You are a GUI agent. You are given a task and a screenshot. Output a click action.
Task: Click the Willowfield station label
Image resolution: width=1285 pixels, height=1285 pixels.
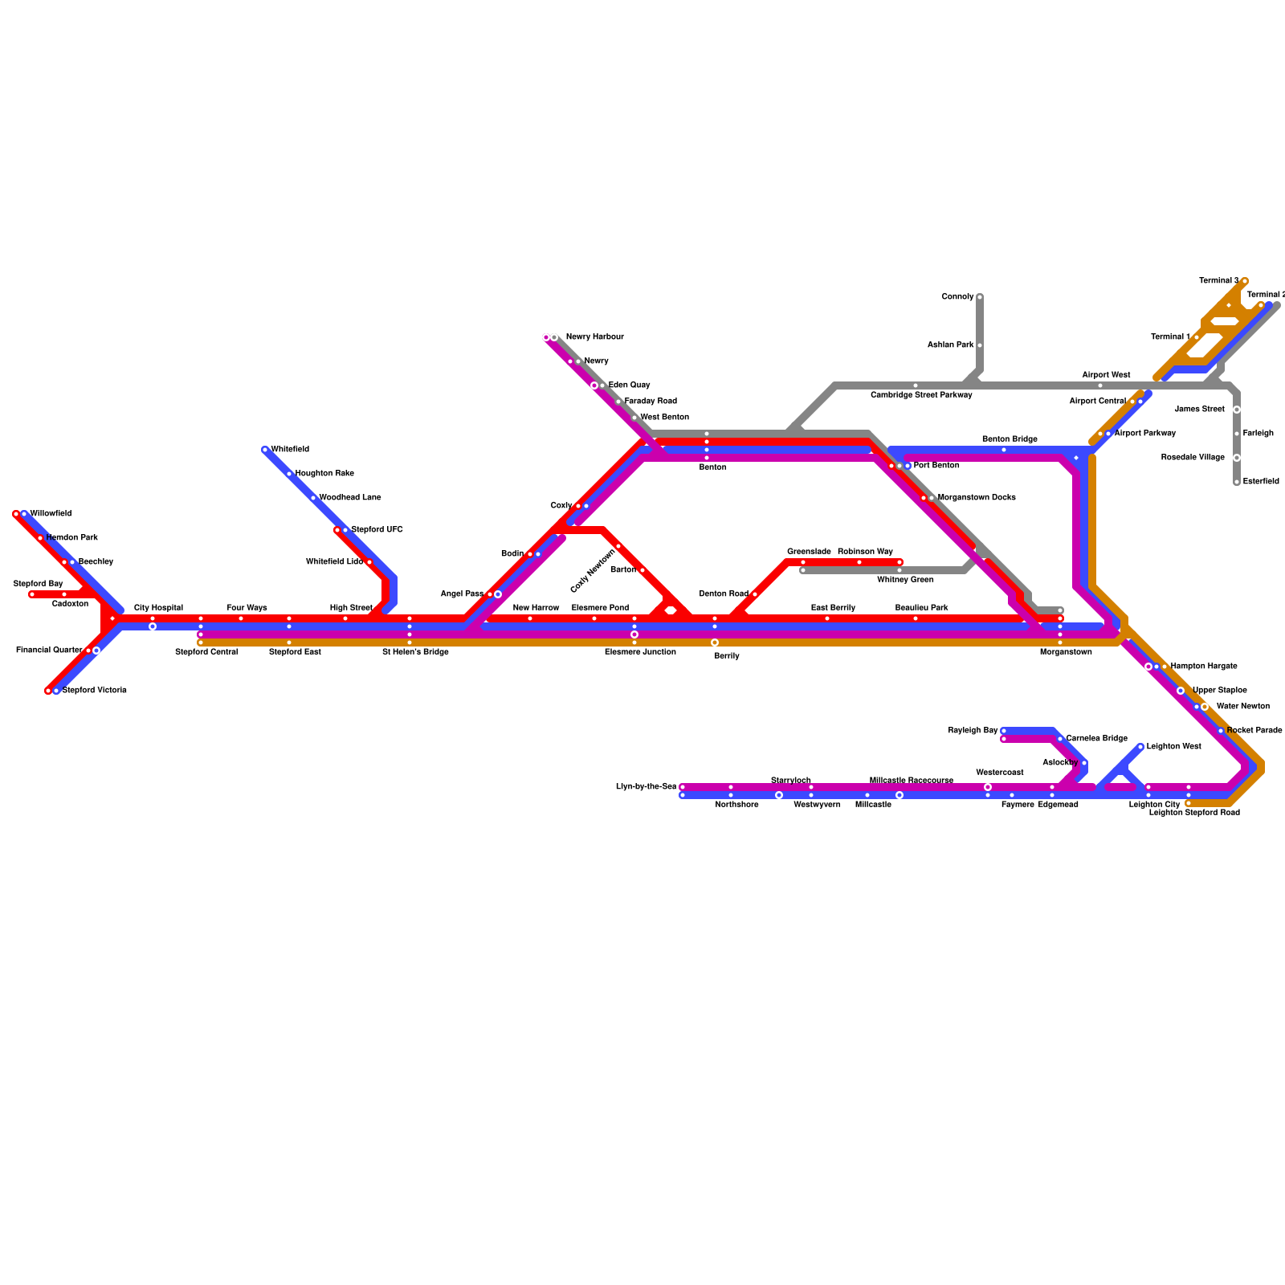pos(51,514)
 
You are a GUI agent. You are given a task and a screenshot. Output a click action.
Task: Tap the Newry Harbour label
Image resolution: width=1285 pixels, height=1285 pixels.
pos(594,337)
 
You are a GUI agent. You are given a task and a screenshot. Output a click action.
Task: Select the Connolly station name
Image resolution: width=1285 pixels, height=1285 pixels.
pos(957,297)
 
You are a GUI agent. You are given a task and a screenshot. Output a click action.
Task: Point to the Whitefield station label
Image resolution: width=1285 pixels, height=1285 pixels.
pos(290,450)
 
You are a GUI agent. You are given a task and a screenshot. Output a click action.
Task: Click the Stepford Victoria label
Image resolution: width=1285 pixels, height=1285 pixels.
pos(94,691)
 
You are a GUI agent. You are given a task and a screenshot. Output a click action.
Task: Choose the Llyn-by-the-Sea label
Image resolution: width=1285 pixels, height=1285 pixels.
pos(646,787)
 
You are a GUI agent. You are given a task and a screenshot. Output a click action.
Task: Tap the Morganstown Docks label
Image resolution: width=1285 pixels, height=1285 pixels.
pos(977,498)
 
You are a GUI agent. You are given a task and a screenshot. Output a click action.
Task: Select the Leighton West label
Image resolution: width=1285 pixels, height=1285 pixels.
pos(1173,747)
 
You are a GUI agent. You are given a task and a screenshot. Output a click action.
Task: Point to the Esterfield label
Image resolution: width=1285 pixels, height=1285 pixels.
pos(1261,482)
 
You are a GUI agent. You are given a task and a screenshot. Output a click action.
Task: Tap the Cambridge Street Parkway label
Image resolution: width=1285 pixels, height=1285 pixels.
pos(921,395)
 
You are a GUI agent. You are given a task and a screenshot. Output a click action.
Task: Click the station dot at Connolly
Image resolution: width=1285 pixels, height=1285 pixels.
pos(980,297)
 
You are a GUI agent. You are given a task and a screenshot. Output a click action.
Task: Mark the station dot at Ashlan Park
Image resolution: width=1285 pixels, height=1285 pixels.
pos(980,345)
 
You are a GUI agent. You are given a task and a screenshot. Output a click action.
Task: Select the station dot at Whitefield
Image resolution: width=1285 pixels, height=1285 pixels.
pos(265,450)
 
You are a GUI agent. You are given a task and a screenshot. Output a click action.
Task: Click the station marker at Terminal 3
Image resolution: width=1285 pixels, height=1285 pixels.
pos(1245,281)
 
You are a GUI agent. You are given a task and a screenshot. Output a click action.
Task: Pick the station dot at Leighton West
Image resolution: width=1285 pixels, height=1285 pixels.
pos(1140,747)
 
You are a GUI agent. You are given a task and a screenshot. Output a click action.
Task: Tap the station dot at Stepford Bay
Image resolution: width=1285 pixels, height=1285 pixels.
pos(32,594)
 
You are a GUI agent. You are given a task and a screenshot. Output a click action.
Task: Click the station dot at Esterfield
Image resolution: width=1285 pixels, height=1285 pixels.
pos(1237,482)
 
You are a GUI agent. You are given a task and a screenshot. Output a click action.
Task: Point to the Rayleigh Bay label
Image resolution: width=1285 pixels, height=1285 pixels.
pos(973,731)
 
